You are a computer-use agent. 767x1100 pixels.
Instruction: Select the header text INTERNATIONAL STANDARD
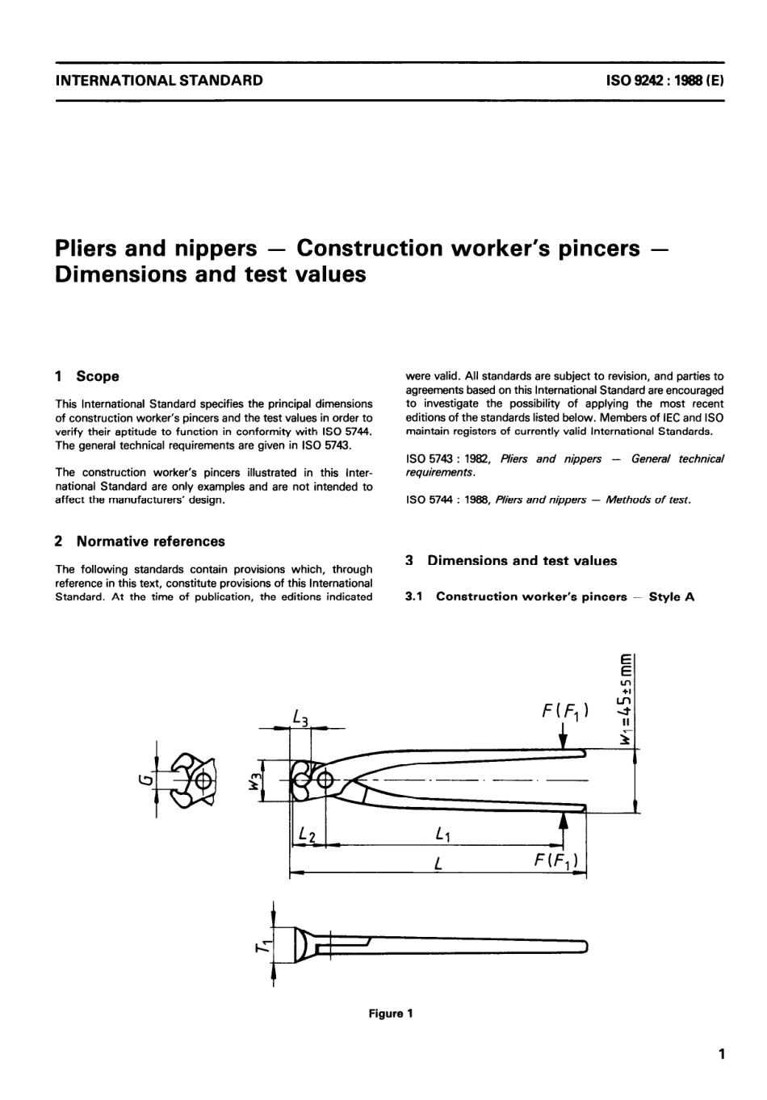(x=158, y=81)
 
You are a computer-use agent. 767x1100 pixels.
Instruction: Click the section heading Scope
(x=98, y=376)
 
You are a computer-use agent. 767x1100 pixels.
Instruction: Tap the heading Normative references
(x=150, y=542)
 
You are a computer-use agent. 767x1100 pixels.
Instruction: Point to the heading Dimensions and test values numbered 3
(x=522, y=561)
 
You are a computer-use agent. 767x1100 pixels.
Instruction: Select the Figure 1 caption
(x=391, y=1014)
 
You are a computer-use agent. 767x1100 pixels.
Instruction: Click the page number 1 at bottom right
(x=721, y=1054)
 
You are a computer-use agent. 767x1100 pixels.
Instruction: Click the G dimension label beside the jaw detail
(x=144, y=780)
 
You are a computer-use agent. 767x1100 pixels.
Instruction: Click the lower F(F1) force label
(x=556, y=861)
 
